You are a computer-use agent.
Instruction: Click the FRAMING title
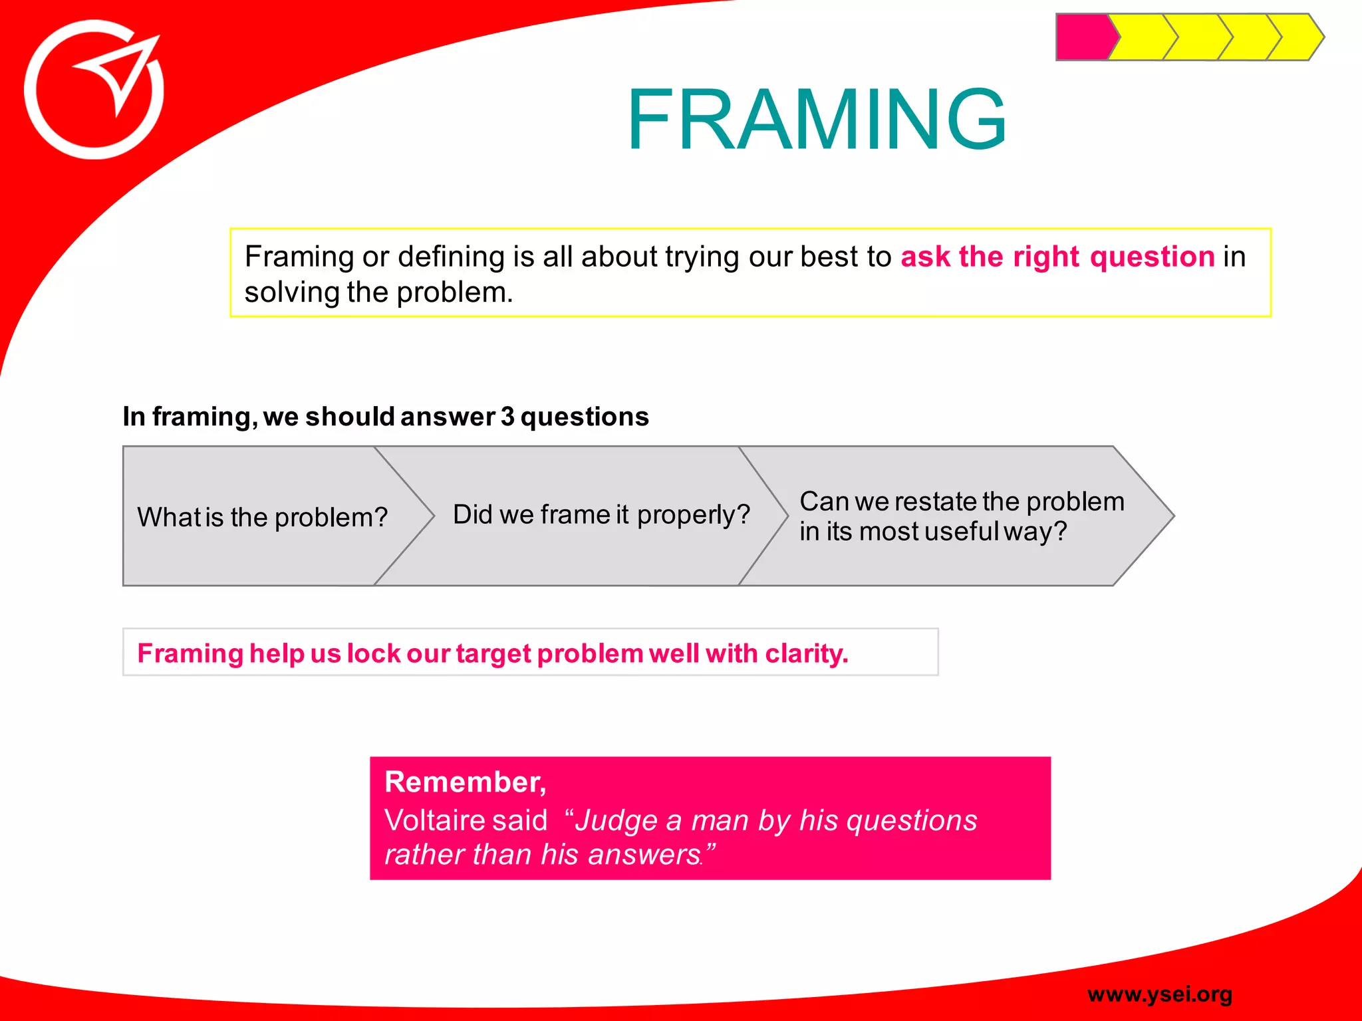pos(816,120)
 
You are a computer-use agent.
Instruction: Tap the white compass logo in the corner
pos(94,90)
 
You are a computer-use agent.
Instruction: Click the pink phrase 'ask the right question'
pos(1057,257)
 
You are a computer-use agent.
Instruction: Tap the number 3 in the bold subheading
pos(507,417)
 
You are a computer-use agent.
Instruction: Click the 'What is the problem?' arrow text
pos(262,517)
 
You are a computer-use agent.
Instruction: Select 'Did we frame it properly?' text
pos(601,514)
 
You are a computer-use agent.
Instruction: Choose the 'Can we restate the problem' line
pos(962,501)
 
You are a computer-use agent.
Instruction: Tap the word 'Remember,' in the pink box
pos(465,782)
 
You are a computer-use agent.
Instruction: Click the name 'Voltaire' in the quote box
pos(432,820)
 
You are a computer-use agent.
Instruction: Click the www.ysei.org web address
pos(1160,994)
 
